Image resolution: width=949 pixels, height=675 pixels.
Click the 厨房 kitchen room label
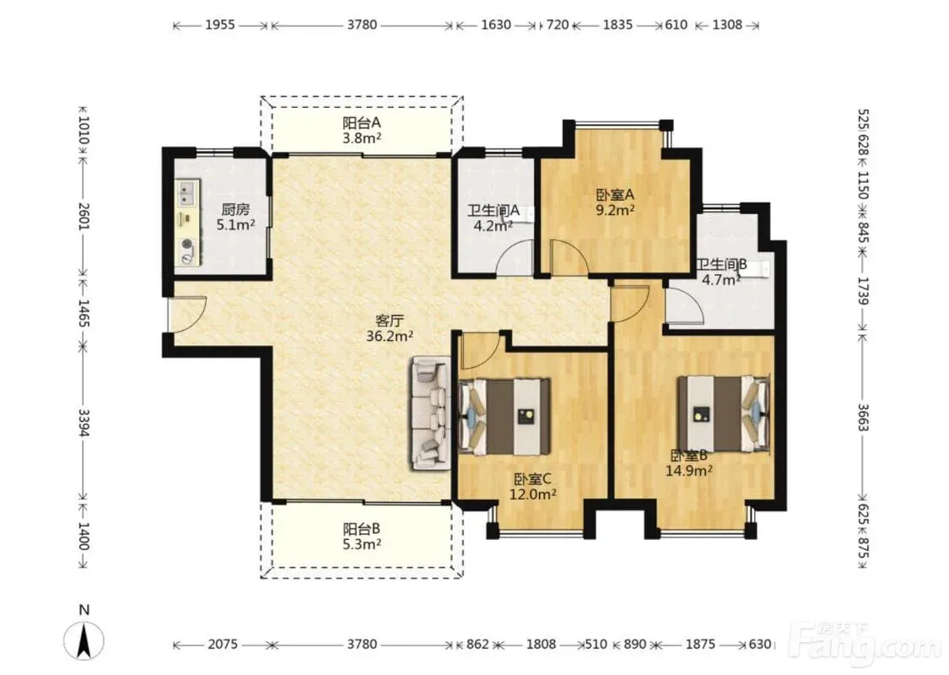click(235, 210)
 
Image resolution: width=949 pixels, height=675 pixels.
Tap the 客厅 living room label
click(389, 321)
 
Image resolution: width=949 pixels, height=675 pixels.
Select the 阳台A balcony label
click(361, 123)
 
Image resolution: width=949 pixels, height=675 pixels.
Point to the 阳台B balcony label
click(361, 529)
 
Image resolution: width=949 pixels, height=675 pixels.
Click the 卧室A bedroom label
click(615, 195)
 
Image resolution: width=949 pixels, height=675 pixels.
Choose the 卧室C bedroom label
click(532, 479)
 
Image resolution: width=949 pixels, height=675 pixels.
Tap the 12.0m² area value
click(532, 494)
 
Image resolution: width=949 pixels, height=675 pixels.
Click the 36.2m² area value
click(389, 336)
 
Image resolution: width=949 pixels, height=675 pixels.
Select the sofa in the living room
click(432, 413)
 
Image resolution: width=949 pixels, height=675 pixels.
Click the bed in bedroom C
click(504, 417)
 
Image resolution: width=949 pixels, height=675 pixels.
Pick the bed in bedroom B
click(724, 414)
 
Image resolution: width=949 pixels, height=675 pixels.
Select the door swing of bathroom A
click(515, 256)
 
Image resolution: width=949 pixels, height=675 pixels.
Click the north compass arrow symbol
click(84, 640)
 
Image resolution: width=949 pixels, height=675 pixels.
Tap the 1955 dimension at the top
click(219, 25)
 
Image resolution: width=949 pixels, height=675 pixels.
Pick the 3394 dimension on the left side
click(84, 423)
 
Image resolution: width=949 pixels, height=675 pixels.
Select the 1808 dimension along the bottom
click(541, 644)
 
